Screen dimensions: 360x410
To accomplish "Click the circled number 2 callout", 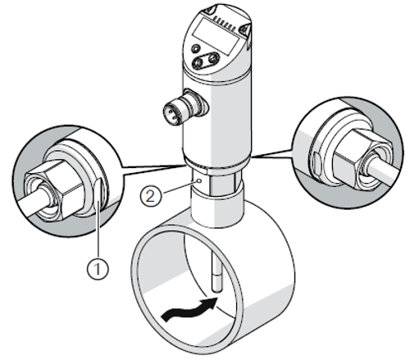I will [x=151, y=195].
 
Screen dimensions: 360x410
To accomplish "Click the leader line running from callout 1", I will [x=98, y=230].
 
